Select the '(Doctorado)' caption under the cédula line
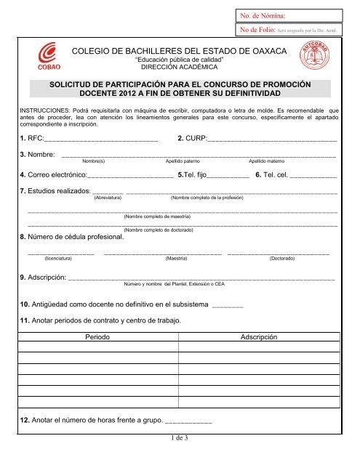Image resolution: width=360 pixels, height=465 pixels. point(282,259)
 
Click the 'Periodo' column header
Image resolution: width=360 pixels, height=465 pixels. point(97,339)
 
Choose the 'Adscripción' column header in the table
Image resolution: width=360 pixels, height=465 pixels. point(257,339)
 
